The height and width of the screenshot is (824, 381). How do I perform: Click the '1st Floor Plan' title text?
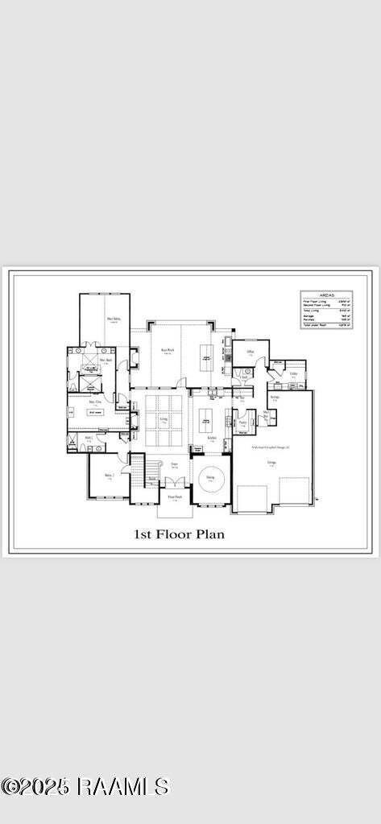pos(178,533)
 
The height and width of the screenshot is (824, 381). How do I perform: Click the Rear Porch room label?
pos(167,350)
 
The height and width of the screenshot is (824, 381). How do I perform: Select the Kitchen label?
pos(212,438)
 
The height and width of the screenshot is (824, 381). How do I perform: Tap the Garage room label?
pos(271,463)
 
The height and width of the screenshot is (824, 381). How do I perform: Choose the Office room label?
pos(251,352)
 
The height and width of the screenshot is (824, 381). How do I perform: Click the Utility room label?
pos(294,374)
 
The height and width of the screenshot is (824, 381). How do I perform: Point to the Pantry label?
pos(242,422)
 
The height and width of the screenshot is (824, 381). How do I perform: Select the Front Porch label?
pos(175,497)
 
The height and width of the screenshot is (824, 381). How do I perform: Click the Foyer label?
pos(174,464)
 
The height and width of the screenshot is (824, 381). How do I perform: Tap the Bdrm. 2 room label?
pos(109,476)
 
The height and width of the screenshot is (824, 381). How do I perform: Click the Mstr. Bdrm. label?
pos(114,319)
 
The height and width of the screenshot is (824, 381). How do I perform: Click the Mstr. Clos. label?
pos(95,401)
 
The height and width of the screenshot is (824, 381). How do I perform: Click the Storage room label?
pos(275,398)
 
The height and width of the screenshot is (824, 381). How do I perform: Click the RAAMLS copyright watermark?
pos(85,786)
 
